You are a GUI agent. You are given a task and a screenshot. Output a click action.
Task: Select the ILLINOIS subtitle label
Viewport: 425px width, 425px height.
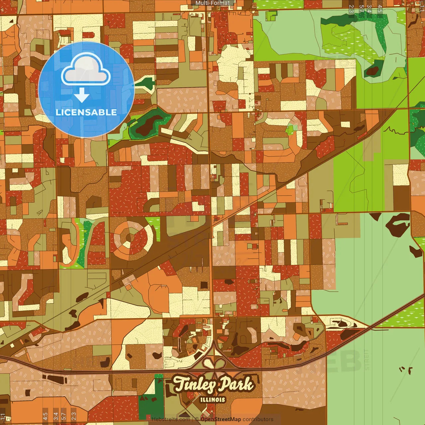[x=212, y=400]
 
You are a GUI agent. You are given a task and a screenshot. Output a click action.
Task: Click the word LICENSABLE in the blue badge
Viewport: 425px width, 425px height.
[x=86, y=112]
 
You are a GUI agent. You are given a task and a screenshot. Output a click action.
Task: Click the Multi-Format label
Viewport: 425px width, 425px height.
[x=212, y=3]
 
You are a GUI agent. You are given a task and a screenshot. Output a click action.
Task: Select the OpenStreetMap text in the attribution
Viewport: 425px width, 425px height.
[x=220, y=419]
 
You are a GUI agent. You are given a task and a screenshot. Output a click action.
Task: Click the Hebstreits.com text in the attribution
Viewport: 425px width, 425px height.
[x=171, y=419]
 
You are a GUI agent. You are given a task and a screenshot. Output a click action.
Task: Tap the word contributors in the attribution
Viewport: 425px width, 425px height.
[x=258, y=419]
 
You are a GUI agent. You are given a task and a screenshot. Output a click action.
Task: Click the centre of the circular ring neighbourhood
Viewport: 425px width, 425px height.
[x=130, y=238]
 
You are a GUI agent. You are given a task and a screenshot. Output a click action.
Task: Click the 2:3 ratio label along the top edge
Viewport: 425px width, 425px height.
[x=351, y=9]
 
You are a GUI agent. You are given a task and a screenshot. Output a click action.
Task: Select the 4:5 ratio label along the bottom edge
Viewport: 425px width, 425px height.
[x=45, y=416]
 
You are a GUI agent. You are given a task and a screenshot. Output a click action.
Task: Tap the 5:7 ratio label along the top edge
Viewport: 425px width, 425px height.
[x=361, y=9]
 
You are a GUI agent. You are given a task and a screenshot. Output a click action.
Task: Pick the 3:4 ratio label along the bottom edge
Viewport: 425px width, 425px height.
[x=56, y=416]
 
